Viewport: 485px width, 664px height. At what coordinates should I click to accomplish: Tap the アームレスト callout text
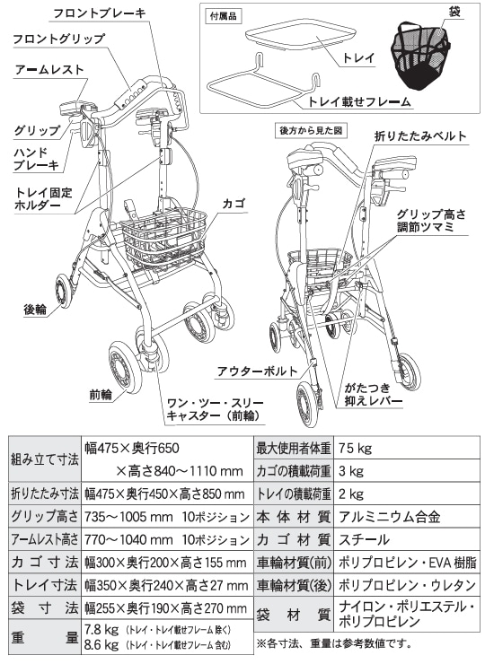[49, 68]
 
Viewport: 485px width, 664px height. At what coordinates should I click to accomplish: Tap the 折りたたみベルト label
[421, 135]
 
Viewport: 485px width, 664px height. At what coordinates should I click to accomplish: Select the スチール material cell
[364, 540]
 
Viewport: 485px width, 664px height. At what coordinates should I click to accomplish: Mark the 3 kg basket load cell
[352, 470]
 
